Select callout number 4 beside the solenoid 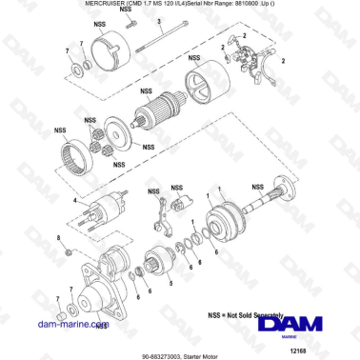tap(75, 200)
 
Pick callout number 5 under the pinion tap(170, 284)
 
